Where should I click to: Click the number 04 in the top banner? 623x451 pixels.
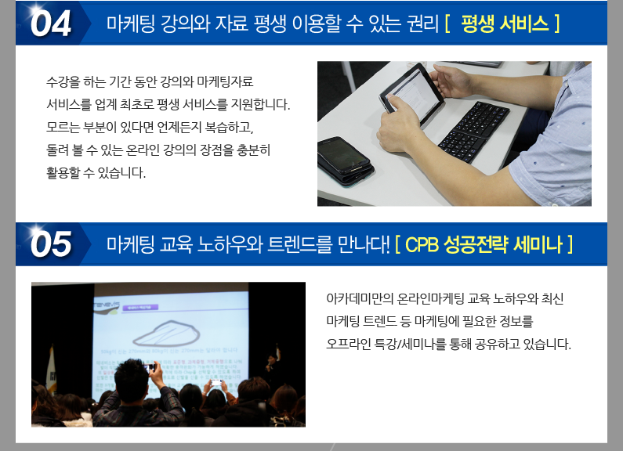click(x=51, y=23)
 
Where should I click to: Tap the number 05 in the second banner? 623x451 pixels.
click(x=51, y=244)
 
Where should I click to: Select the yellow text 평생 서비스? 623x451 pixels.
click(x=505, y=23)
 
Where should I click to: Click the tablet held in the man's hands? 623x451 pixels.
click(x=411, y=93)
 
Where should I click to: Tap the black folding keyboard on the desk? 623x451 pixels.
click(x=473, y=131)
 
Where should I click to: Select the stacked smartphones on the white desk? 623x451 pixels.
click(x=345, y=161)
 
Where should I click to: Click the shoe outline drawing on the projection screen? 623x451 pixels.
click(x=166, y=333)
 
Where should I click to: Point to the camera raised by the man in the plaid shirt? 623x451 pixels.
click(x=150, y=368)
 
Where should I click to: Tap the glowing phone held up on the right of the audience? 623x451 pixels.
click(x=216, y=382)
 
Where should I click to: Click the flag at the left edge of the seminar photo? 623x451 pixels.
click(x=51, y=370)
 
